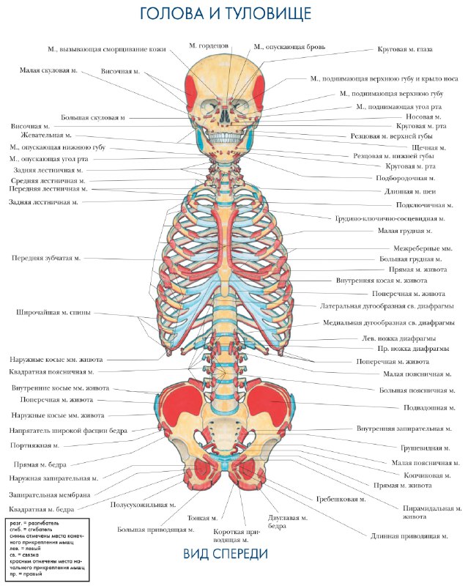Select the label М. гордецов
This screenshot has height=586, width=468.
tap(209, 45)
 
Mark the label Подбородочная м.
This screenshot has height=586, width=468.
tap(405, 178)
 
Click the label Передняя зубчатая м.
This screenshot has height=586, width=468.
tap(46, 258)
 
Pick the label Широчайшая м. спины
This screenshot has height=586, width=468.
tap(54, 312)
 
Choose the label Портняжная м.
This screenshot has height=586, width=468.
tap(34, 445)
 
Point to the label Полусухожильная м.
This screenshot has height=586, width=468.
tap(143, 505)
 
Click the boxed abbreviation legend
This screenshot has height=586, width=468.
tap(48, 549)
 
